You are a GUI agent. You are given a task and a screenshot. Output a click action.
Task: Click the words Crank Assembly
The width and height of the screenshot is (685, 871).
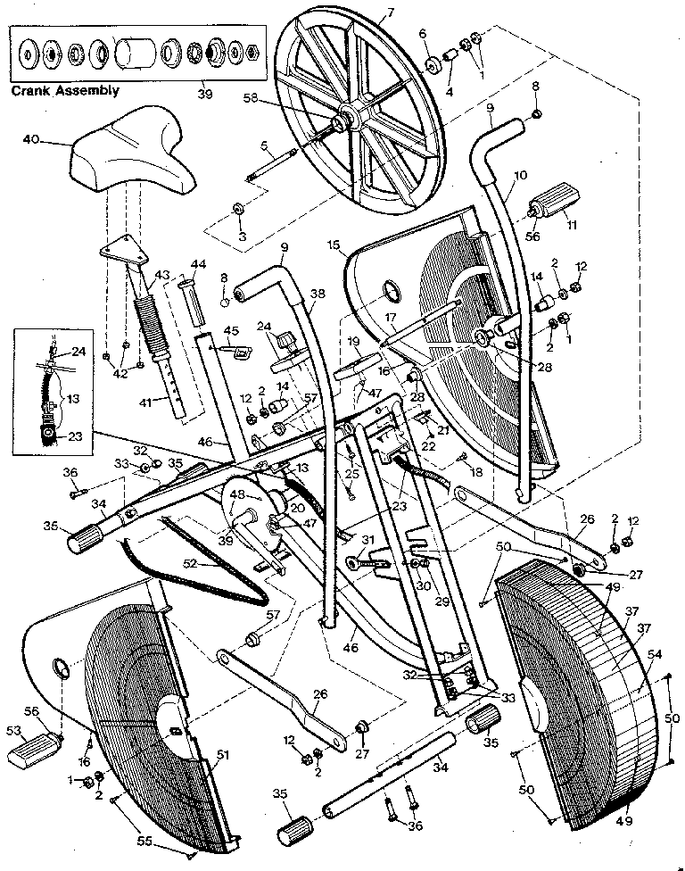64,91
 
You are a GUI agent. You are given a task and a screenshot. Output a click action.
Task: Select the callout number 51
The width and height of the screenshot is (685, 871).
222,755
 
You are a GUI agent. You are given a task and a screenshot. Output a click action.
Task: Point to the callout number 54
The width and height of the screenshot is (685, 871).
656,655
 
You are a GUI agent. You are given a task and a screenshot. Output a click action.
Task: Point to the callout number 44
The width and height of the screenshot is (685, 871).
198,264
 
